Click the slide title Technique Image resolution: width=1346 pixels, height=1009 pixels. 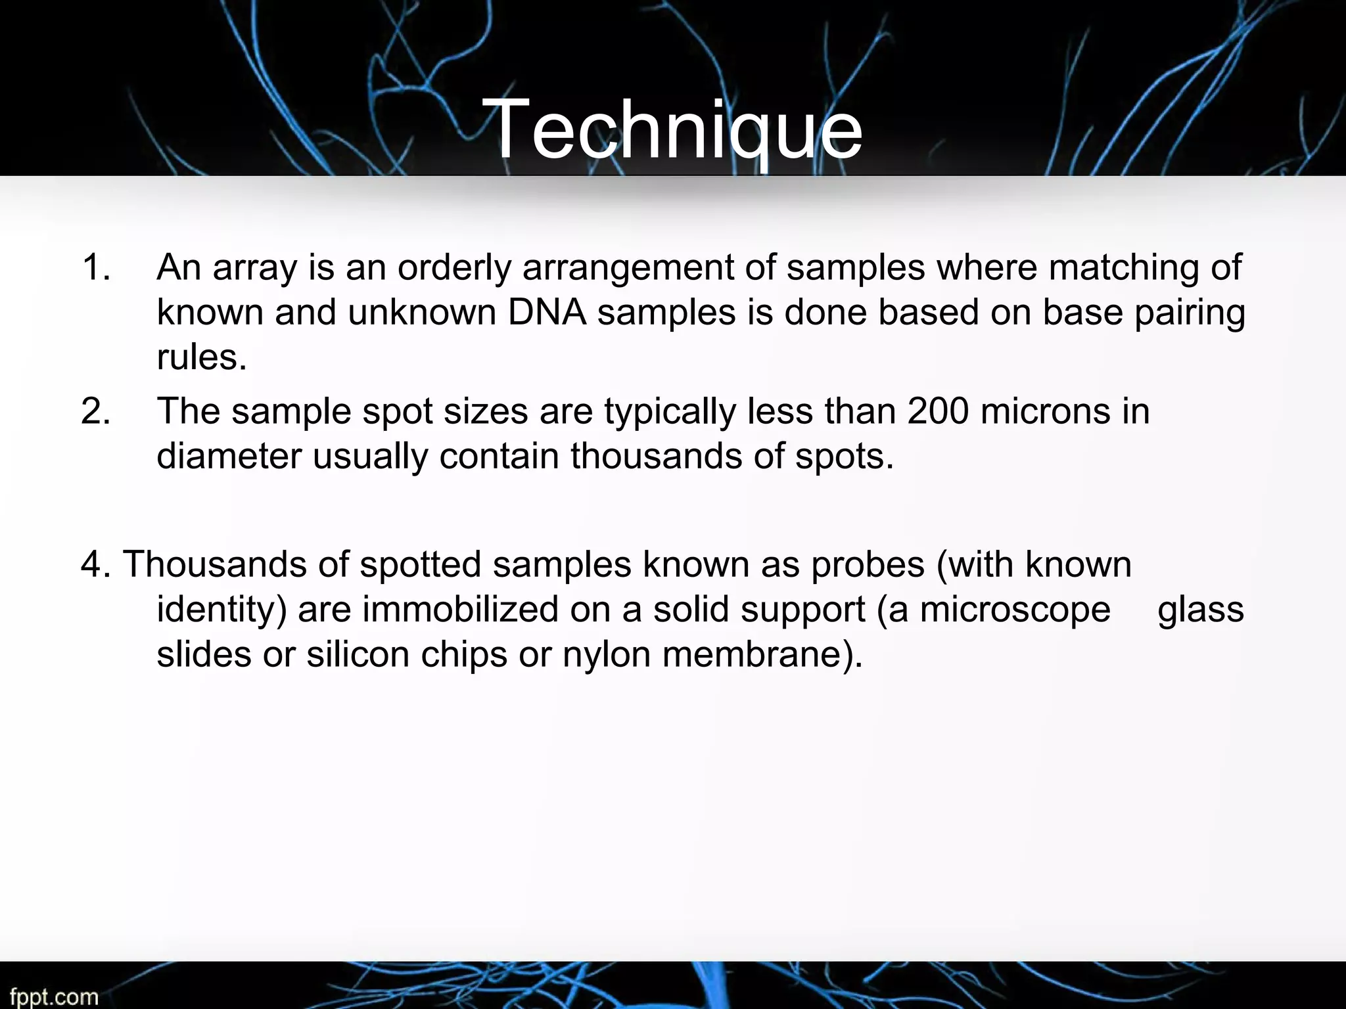pyautogui.click(x=676, y=129)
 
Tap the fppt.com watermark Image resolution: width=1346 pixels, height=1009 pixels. pyautogui.click(x=54, y=997)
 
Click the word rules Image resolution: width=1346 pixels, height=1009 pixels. pyautogui.click(x=201, y=357)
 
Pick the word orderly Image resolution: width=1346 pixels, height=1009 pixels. pyautogui.click(x=454, y=268)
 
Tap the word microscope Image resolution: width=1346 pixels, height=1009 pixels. pyautogui.click(x=1015, y=610)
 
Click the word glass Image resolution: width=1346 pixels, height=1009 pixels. pyautogui.click(x=1200, y=610)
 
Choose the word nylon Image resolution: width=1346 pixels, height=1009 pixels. pyautogui.click(x=606, y=655)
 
